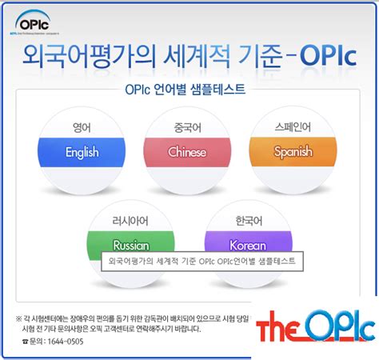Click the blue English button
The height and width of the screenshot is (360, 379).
point(82,152)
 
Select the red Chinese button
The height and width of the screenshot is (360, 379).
point(187,152)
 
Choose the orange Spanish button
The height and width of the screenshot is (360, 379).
point(293,152)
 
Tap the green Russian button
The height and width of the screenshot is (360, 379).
point(130,243)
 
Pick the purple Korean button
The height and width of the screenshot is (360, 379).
point(247,243)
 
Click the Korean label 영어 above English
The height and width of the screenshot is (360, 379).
point(82,126)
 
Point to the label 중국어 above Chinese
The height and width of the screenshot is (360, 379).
point(187,126)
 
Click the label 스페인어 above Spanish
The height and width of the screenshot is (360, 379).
point(293,126)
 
